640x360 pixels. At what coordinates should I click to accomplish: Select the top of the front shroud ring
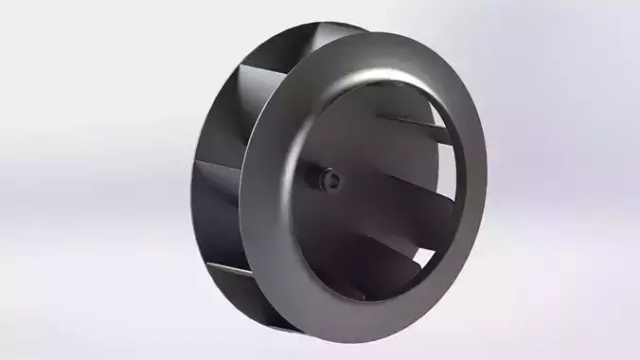pyautogui.click(x=398, y=42)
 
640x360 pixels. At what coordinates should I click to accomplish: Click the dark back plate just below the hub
pyautogui.click(x=331, y=218)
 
